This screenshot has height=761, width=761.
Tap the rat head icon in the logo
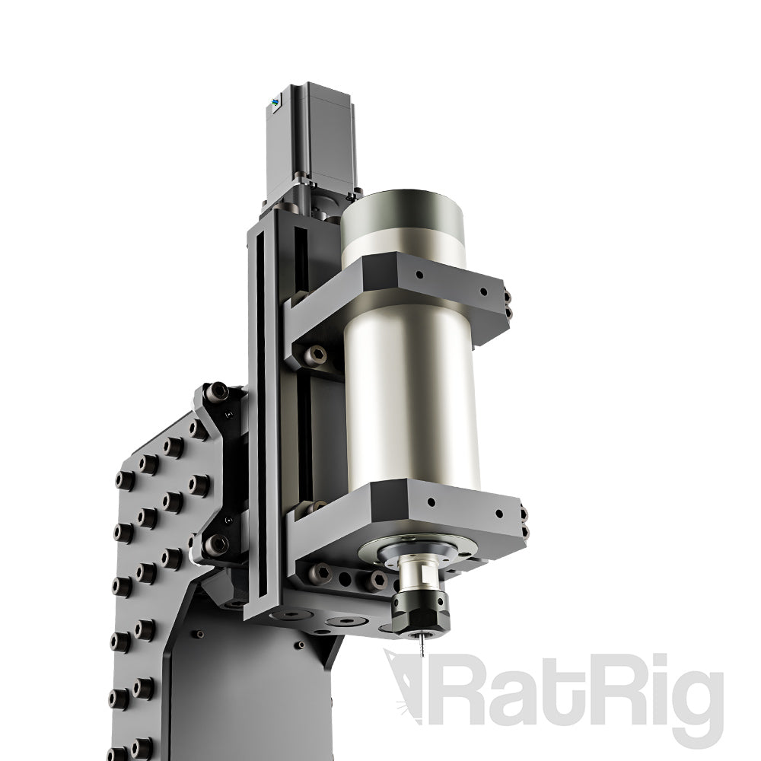click(407, 681)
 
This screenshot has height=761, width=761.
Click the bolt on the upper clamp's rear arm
click(314, 354)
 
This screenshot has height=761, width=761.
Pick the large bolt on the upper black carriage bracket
click(217, 393)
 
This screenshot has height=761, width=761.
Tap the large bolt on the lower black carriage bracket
click(216, 543)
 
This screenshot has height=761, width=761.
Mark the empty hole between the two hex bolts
click(346, 578)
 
